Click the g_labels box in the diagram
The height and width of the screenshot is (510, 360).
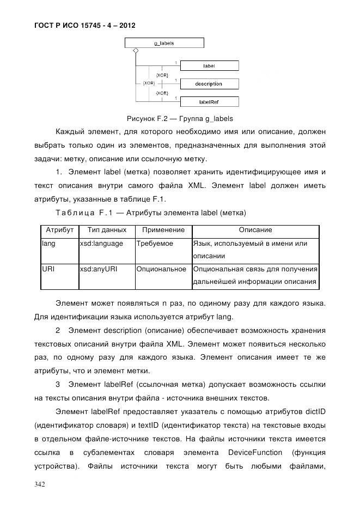164,42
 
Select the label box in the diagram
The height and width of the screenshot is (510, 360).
209,65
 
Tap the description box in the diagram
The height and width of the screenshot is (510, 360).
209,84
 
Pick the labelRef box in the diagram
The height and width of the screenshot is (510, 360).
209,101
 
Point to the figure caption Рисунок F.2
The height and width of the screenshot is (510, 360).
180,118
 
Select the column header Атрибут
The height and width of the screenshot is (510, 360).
59,230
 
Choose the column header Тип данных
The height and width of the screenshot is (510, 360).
107,230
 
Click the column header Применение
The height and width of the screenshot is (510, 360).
163,230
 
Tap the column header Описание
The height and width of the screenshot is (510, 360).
255,230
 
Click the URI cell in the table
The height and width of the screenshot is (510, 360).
48,269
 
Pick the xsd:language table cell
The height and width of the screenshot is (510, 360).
101,244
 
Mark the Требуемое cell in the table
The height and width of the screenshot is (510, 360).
155,244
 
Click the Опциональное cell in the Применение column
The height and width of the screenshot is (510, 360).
162,269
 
